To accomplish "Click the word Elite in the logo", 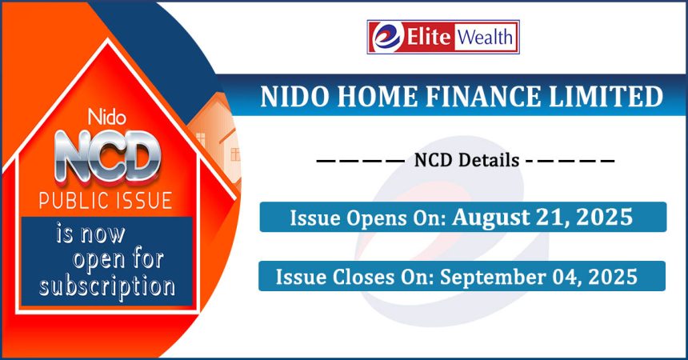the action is pos(429,37).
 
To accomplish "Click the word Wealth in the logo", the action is pos(486,37).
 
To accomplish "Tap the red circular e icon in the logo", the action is pos(386,37).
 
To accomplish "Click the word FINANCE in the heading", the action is pos(483,97).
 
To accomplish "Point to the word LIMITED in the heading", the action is pos(606,97).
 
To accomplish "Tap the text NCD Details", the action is pos(467,160).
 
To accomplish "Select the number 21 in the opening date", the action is pos(551,217).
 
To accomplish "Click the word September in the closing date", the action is pos(490,278).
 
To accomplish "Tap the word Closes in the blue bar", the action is pos(363,278).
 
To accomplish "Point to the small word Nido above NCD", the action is pos(107,118).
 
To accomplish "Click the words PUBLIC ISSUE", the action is pos(106,200).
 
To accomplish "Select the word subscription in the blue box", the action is pos(107,287).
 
